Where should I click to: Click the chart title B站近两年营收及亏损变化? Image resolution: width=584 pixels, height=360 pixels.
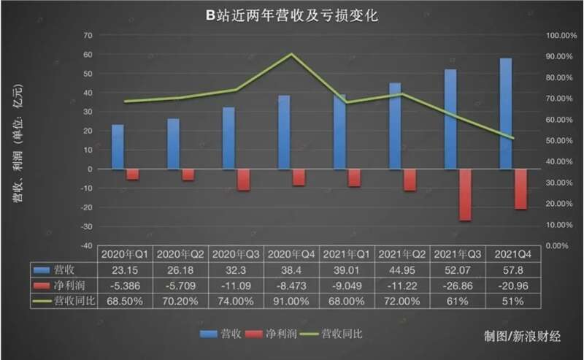pyautogui.click(x=291, y=15)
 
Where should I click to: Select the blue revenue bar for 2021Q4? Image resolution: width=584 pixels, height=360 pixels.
pyautogui.click(x=506, y=113)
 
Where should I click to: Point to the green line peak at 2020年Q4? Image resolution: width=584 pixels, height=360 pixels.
pyautogui.click(x=291, y=54)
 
